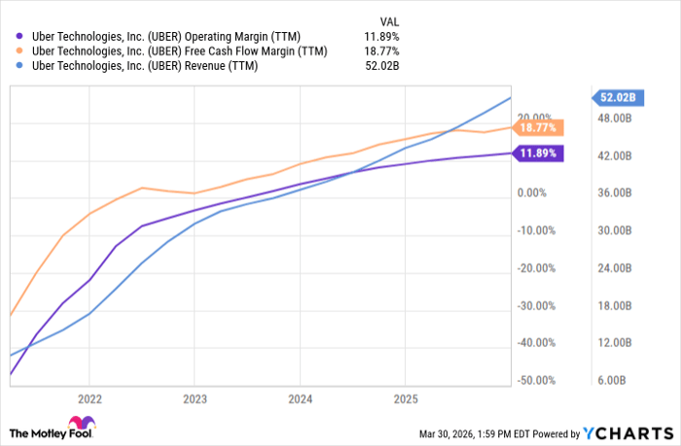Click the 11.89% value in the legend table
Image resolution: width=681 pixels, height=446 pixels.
[x=380, y=36]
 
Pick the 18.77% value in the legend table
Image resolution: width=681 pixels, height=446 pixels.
[x=380, y=51]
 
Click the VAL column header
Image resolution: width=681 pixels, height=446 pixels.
[x=388, y=20]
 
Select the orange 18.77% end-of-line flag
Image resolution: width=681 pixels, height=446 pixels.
[x=538, y=127]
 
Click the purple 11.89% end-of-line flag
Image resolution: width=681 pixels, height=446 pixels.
[x=538, y=153]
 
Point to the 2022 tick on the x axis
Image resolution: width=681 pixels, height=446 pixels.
[x=90, y=398]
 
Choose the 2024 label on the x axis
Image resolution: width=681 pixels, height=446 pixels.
[x=301, y=398]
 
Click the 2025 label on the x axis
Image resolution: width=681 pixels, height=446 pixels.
[x=406, y=398]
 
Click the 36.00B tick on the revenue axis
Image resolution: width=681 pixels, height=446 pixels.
[x=617, y=193]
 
